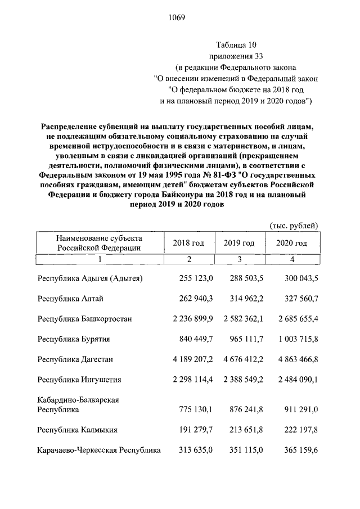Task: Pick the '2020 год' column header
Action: click(x=291, y=243)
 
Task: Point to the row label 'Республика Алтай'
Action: click(x=70, y=299)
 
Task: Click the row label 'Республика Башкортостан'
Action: click(x=85, y=319)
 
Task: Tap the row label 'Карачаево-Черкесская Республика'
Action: click(x=99, y=450)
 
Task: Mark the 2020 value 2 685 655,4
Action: click(x=295, y=319)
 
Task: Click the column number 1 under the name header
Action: click(x=100, y=259)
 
